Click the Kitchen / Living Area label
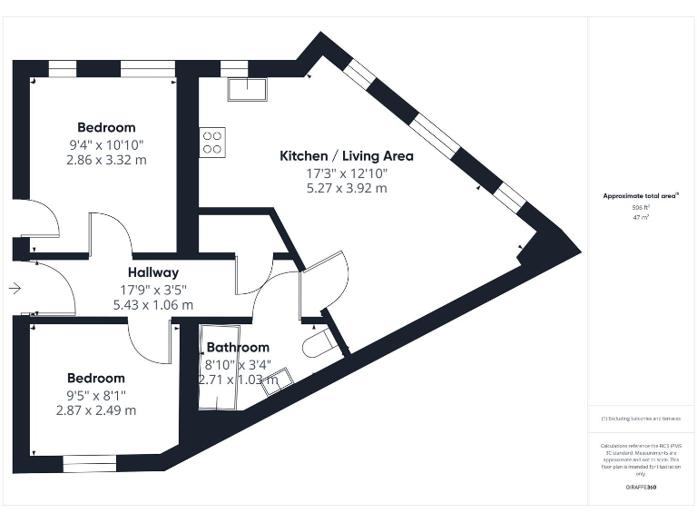coord(346,155)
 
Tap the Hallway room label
coord(152,271)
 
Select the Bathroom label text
coord(238,347)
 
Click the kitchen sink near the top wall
coord(247,89)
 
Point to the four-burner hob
coord(212,142)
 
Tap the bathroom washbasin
coord(278,380)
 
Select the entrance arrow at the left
coord(15,289)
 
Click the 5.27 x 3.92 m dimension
coord(346,188)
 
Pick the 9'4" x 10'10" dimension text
coord(106,144)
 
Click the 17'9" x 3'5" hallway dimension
coord(152,290)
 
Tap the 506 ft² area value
coord(642,207)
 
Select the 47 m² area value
coord(642,218)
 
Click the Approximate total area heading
coord(641,195)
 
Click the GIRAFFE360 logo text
coord(642,488)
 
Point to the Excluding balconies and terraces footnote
coord(642,419)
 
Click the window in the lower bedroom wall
coord(90,465)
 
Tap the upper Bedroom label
coord(106,127)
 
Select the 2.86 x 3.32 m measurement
coord(106,160)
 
